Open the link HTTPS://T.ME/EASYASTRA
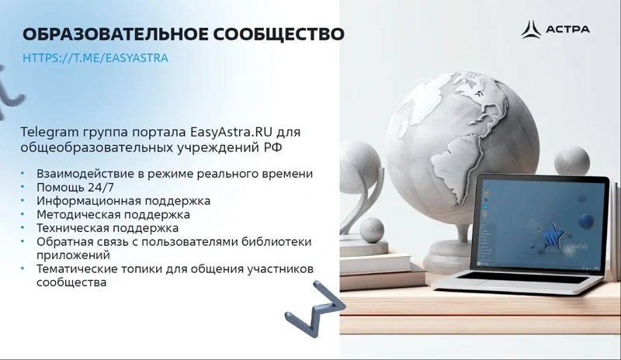coord(95,57)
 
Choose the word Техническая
coord(70,228)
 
